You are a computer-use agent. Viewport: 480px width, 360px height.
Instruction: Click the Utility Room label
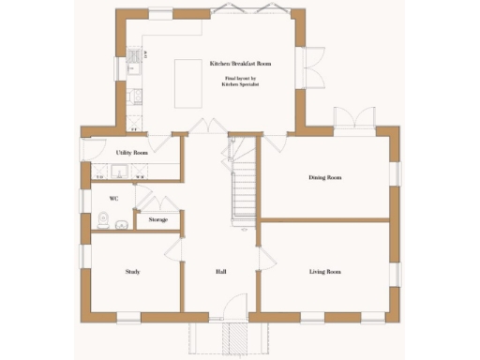132,152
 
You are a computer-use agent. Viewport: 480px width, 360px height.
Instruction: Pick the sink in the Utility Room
120,171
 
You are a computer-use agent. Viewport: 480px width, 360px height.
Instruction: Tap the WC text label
113,199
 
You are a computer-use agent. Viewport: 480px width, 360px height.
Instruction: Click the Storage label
158,220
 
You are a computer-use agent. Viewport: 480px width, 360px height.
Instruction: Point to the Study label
132,272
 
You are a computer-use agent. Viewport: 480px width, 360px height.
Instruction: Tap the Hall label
221,272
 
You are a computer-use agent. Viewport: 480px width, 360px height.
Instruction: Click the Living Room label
325,272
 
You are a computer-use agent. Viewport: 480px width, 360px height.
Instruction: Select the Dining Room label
325,177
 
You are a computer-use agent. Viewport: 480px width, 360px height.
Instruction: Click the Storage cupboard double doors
158,203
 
